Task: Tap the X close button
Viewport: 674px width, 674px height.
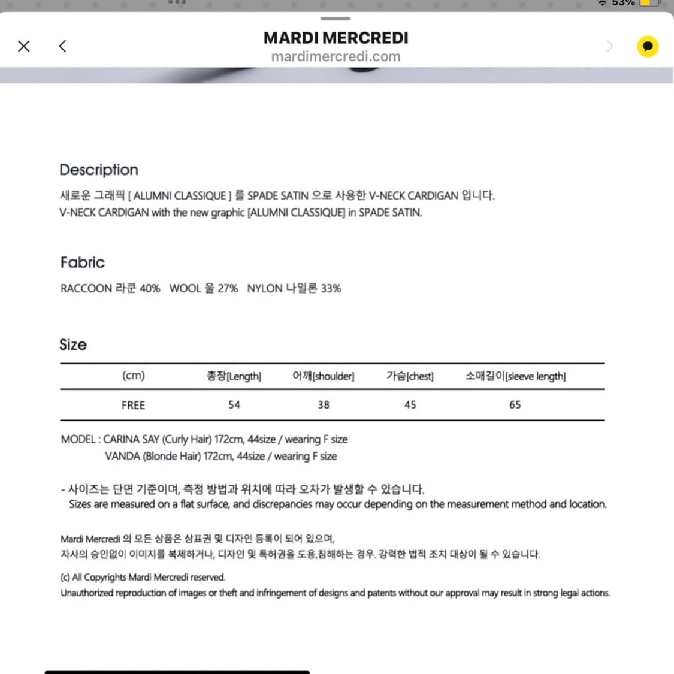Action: pos(24,46)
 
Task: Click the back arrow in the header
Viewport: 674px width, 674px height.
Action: pos(62,46)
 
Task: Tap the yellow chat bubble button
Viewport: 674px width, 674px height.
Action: pos(647,46)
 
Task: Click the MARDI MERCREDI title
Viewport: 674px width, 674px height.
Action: pos(336,38)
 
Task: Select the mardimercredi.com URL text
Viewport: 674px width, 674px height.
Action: pos(336,56)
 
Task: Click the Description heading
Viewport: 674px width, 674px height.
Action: pos(99,170)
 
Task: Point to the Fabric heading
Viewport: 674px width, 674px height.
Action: pos(83,262)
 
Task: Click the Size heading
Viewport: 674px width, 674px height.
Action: pos(73,344)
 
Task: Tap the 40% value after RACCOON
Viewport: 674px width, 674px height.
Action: pos(150,288)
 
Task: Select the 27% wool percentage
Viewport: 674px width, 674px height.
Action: pos(228,288)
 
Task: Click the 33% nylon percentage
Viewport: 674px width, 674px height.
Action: pos(331,288)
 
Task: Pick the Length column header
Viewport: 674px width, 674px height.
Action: pos(234,376)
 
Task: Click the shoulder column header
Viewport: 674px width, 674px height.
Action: pos(324,376)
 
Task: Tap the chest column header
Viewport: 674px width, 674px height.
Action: pos(410,376)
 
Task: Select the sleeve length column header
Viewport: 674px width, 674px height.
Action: pos(515,376)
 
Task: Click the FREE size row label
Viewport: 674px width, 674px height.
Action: pos(133,405)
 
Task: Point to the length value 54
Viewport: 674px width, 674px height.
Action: pos(234,405)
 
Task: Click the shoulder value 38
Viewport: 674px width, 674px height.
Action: pos(324,405)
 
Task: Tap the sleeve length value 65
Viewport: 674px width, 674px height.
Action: pos(515,405)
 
